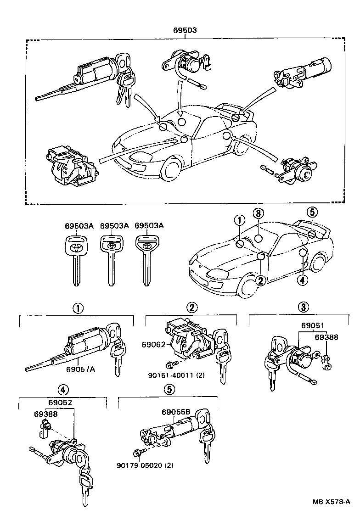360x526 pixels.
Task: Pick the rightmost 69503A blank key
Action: point(146,259)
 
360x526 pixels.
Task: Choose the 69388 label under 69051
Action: point(326,337)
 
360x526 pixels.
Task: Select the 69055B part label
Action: point(175,412)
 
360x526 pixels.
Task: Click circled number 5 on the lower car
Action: point(312,213)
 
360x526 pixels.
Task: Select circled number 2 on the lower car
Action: point(260,281)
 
